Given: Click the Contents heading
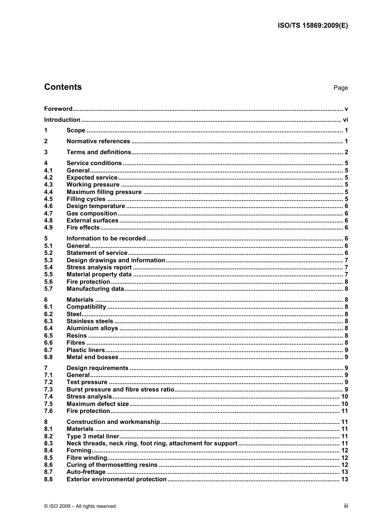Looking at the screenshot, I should point(63,87).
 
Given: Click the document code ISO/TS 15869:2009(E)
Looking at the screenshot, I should point(312,26).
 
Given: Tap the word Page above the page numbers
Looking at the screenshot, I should point(341,88).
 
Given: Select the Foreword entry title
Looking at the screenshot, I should point(58,109).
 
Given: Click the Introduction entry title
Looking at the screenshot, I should point(62,120).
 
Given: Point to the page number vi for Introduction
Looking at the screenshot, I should point(345,120).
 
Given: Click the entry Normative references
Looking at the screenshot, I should point(98,141).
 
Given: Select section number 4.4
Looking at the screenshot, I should point(48,192).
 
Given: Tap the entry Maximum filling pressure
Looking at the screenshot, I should point(104,192).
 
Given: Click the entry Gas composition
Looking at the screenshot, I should point(91,214).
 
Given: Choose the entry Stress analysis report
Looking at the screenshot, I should point(99,267).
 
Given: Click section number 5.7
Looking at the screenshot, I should point(48,289).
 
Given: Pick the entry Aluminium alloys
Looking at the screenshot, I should point(92,328).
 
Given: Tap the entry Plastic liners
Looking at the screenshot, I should point(86,350).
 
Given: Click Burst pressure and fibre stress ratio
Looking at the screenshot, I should point(120,390).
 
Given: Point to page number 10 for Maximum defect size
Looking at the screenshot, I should point(344,404).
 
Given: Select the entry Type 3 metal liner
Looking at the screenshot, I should point(93,436).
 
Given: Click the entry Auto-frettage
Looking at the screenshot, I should point(86,472).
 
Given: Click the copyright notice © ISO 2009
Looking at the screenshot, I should point(80,506).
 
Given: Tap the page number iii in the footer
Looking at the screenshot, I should point(346,506).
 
